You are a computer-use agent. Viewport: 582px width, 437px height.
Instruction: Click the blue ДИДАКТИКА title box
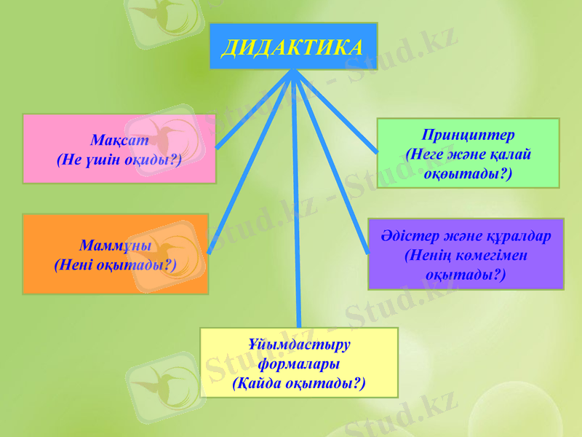pos(293,46)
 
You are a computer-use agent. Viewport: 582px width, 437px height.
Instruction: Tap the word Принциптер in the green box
pos(468,135)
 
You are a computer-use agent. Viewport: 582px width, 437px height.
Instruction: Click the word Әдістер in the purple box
pos(407,236)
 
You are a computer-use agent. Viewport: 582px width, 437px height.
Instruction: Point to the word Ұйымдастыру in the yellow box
pos(299,345)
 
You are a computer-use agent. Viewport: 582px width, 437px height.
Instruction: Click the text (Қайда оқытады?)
pos(299,382)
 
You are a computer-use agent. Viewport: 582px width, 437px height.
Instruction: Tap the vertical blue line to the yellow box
pos(296,219)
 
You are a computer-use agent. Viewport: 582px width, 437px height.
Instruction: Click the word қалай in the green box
pos(512,154)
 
